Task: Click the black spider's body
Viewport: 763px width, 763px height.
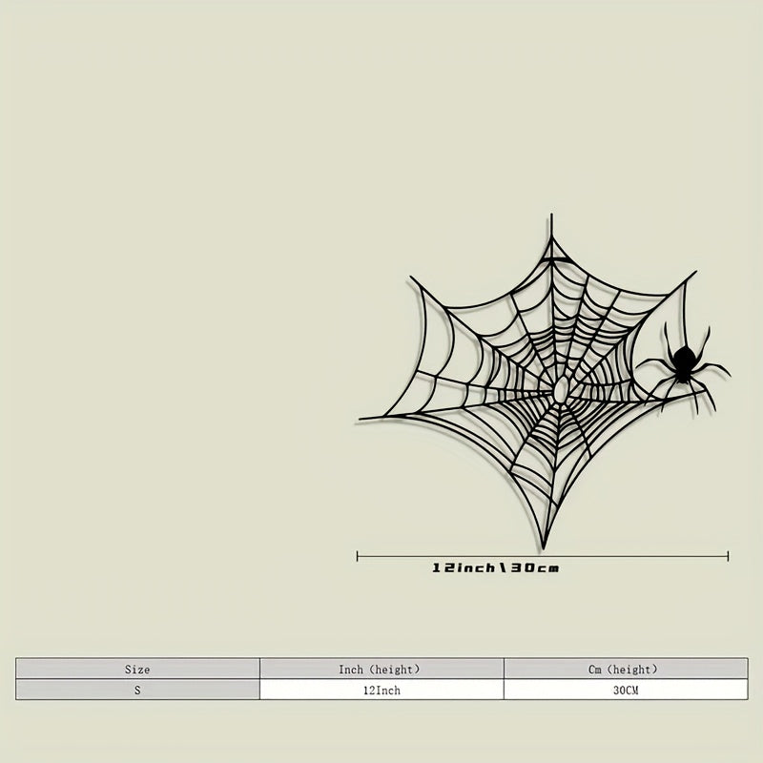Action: click(x=682, y=361)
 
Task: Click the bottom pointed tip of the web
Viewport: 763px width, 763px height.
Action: click(x=544, y=547)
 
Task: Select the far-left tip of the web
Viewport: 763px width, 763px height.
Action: click(x=361, y=419)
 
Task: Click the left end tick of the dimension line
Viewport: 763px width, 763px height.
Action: click(x=358, y=556)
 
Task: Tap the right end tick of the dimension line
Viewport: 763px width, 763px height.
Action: click(x=728, y=556)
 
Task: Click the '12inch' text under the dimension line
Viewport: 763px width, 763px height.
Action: click(x=464, y=568)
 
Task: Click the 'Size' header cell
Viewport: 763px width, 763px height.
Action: click(x=137, y=670)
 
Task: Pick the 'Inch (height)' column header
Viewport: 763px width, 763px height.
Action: click(x=380, y=670)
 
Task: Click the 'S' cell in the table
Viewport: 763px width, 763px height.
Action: click(x=137, y=690)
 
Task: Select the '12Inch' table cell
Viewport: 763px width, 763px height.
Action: click(x=382, y=690)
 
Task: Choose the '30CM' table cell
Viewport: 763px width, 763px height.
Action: click(x=626, y=690)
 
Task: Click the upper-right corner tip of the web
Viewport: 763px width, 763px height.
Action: click(x=693, y=274)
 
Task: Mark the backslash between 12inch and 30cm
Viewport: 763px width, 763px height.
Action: click(x=501, y=568)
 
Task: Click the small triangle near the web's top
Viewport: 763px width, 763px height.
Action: click(x=554, y=253)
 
